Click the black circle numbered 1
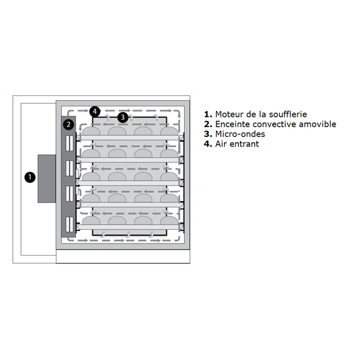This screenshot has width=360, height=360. point(30,177)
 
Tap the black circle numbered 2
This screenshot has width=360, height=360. point(68,124)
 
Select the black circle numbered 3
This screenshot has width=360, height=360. point(123,118)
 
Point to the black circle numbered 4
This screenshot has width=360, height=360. point(95,112)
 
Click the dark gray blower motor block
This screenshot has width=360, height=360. point(47,179)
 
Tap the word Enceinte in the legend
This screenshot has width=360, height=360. point(232,124)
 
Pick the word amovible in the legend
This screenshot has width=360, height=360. point(317,124)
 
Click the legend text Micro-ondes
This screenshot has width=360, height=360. point(240,134)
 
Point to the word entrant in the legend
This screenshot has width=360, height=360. point(244,144)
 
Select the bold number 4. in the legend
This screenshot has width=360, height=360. point(208,144)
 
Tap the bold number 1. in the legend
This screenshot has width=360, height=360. point(208,114)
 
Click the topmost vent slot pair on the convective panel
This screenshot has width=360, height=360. point(70,143)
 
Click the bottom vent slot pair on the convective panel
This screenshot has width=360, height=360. point(70,224)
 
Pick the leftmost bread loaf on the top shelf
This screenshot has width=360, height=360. point(91,131)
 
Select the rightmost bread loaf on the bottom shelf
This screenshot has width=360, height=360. point(169,221)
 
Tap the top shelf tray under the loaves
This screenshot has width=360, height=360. point(130,137)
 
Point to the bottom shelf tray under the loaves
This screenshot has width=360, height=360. point(130,227)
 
